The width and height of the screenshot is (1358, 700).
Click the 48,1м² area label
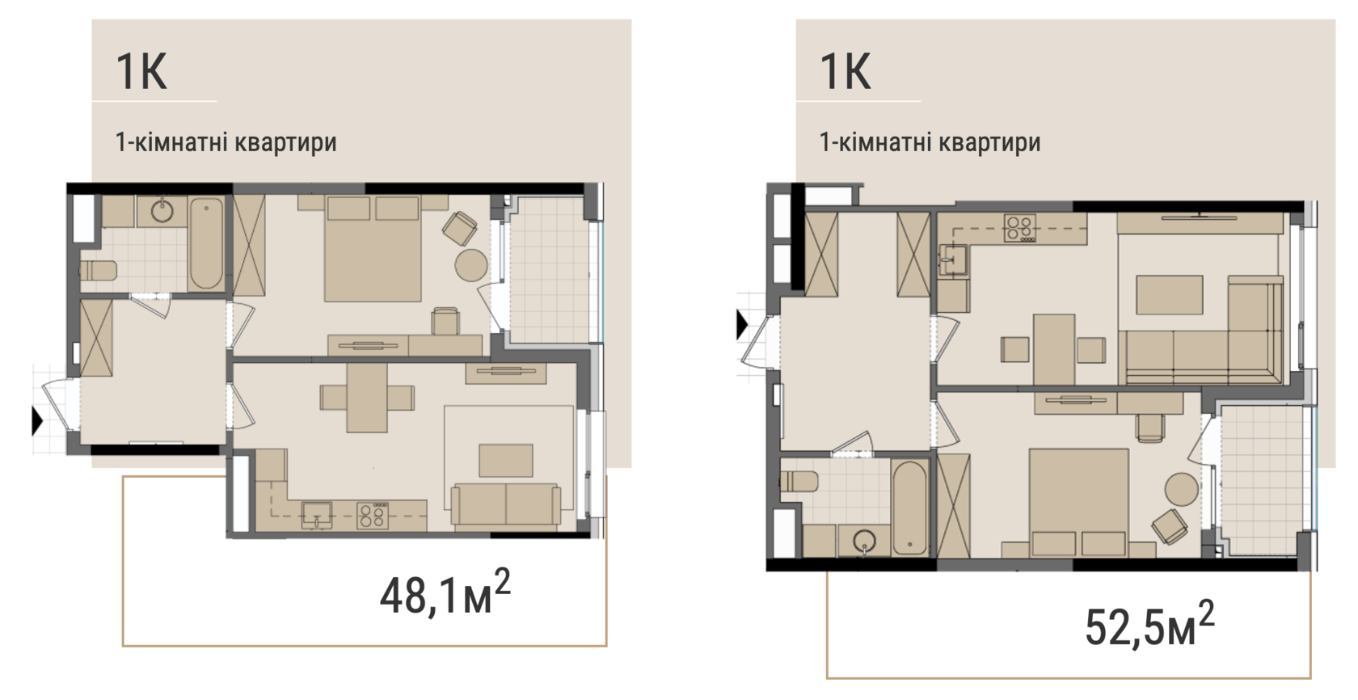click(445, 592)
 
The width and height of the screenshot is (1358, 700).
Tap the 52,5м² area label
click(1149, 624)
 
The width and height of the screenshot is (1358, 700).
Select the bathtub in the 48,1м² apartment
click(206, 243)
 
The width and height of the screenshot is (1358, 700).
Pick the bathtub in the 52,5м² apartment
click(910, 508)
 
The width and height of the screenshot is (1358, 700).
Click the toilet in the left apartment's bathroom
click(99, 270)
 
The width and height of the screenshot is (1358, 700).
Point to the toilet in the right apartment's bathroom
click(799, 482)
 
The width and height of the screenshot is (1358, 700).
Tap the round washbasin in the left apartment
click(162, 211)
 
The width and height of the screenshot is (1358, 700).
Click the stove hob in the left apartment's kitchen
click(372, 515)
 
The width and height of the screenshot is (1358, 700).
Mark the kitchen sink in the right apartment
click(953, 260)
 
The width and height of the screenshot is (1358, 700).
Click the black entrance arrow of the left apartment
click(37, 420)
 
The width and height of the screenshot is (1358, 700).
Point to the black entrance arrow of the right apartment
click(742, 324)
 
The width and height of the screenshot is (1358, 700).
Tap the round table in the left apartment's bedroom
click(471, 265)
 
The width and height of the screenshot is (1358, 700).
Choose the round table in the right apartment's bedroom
click(1182, 490)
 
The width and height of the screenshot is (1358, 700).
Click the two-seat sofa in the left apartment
click(506, 504)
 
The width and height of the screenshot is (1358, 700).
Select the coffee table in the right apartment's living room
click(1170, 294)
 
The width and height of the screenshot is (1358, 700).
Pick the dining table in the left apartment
click(367, 398)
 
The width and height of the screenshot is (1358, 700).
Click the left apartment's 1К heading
click(141, 71)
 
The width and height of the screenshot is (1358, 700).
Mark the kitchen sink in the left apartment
click(317, 514)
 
